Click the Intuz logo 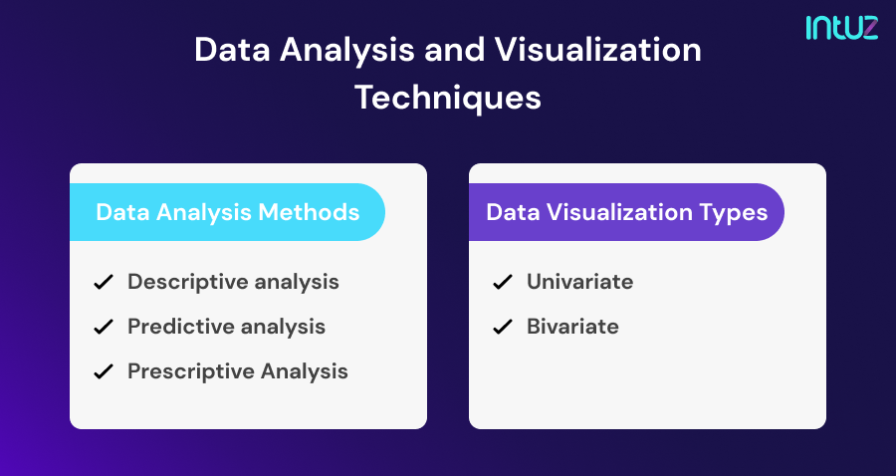click(x=841, y=28)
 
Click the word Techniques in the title click(x=448, y=98)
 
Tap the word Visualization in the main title click(x=597, y=50)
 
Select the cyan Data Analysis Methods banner click(x=227, y=212)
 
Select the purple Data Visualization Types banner click(x=626, y=212)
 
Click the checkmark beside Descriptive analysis click(x=104, y=282)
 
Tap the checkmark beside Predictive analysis click(x=104, y=327)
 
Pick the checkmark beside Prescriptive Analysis click(x=104, y=372)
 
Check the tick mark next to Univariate click(x=503, y=282)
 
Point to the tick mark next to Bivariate click(x=503, y=327)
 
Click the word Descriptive click(x=188, y=282)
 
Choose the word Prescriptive click(x=191, y=372)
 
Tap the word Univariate click(x=580, y=282)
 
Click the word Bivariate click(x=572, y=327)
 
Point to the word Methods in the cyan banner click(x=309, y=212)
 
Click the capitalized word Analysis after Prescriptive click(x=305, y=372)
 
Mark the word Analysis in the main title click(x=346, y=51)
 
